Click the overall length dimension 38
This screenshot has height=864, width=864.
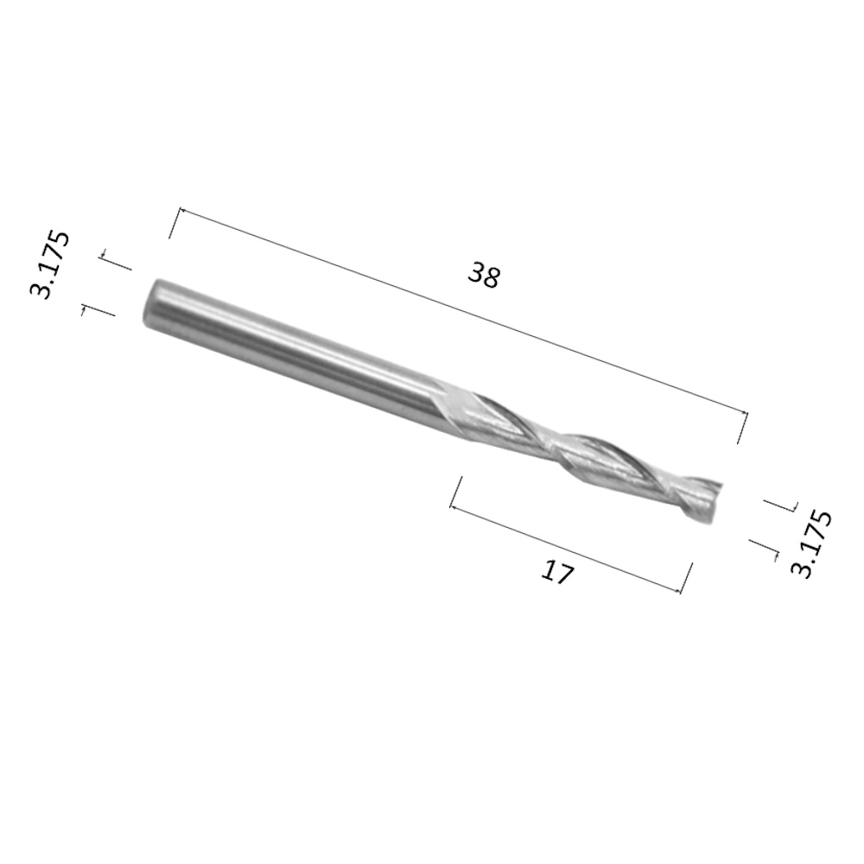pos(484,275)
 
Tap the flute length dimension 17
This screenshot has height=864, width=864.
pos(557,573)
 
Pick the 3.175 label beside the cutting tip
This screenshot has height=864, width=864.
pos(810,543)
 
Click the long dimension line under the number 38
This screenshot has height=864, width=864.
pos(463,311)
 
